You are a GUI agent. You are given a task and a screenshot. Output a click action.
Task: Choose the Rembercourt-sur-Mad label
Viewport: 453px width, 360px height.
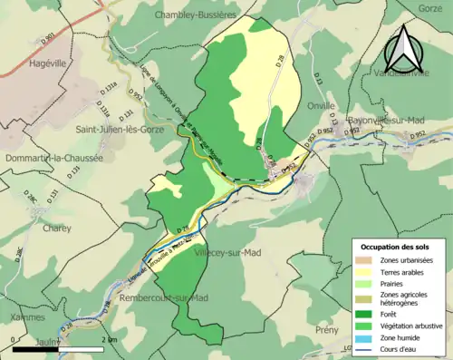point(156,297)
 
